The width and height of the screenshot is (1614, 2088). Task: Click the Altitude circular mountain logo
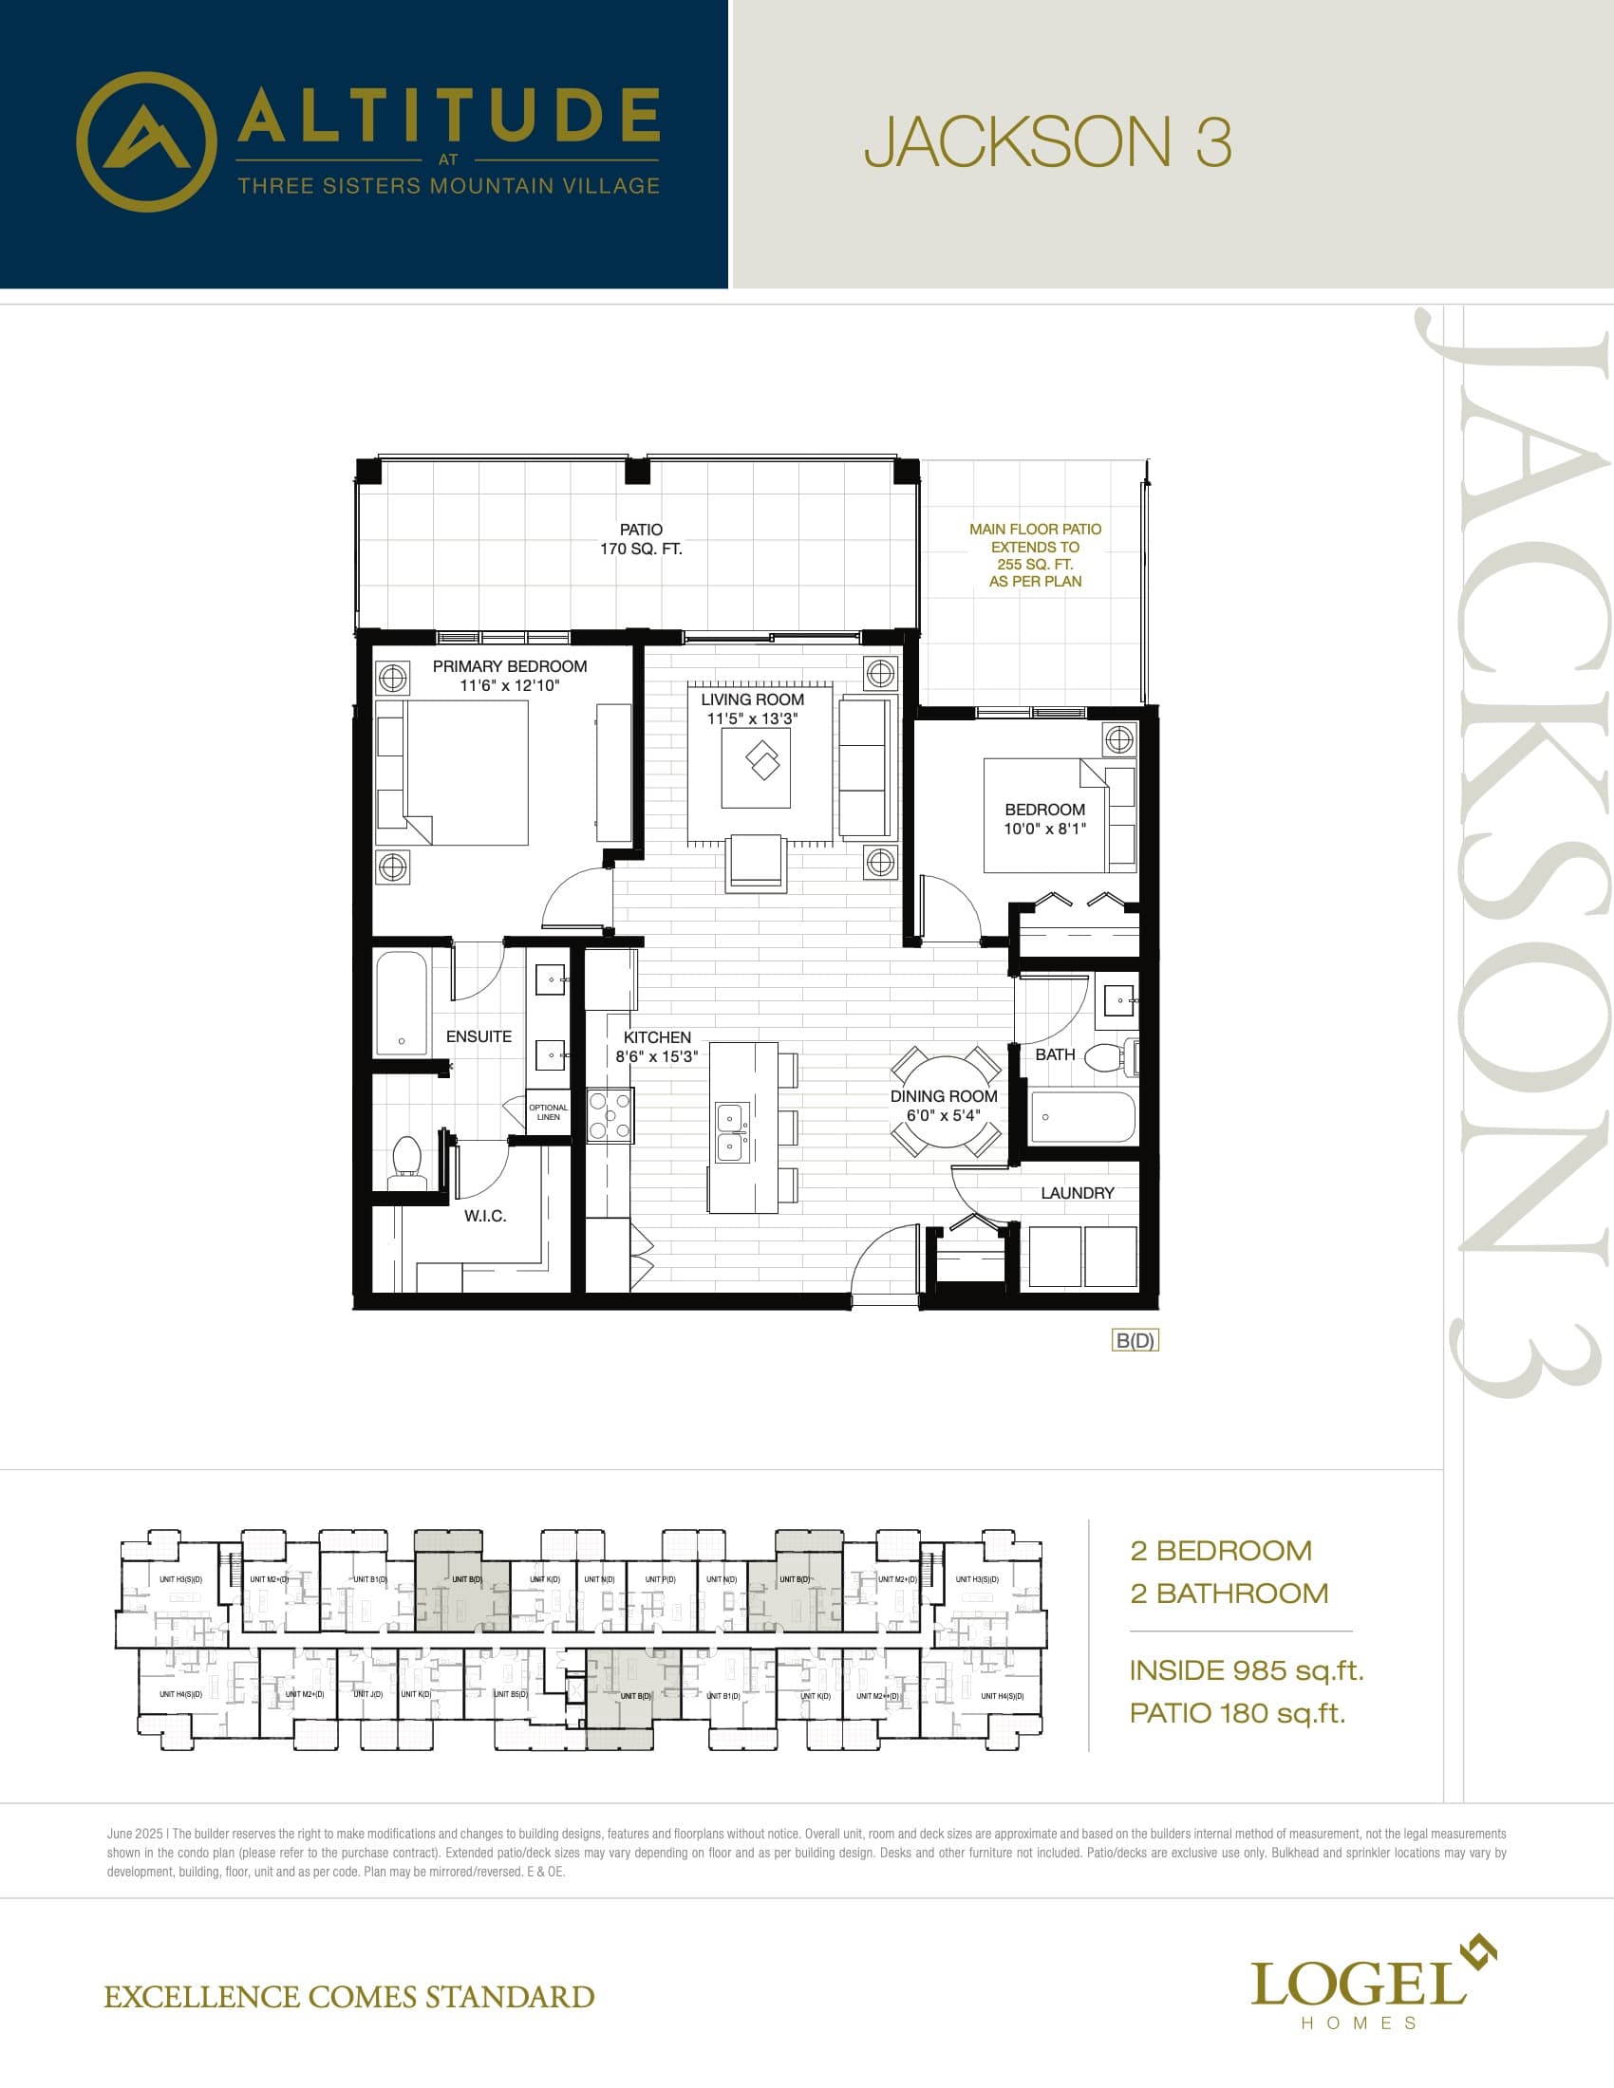[x=145, y=141]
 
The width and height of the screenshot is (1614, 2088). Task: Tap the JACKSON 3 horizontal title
[x=1047, y=142]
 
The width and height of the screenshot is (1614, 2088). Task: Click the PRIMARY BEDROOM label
[x=509, y=666]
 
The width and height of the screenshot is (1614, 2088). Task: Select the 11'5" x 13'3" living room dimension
[x=752, y=719]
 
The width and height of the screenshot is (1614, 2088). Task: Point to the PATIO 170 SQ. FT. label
[x=641, y=539]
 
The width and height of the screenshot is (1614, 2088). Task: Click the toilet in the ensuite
[x=407, y=1161]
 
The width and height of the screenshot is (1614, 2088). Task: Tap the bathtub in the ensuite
[x=401, y=1004]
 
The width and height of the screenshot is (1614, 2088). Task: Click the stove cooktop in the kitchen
[x=610, y=1116]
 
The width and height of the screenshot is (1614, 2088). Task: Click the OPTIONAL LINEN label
[x=548, y=1112]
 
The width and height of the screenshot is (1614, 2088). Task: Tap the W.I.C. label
[x=485, y=1216]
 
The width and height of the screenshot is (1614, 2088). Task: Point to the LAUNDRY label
[x=1077, y=1193]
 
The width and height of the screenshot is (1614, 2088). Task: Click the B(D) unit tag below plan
[x=1135, y=1340]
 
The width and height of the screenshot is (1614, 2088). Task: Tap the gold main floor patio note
[x=1035, y=554]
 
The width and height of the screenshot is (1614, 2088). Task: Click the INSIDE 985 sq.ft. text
[x=1246, y=1670]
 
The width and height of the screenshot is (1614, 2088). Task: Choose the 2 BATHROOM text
[x=1229, y=1593]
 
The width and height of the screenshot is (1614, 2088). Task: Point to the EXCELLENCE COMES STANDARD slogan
[x=349, y=1997]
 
